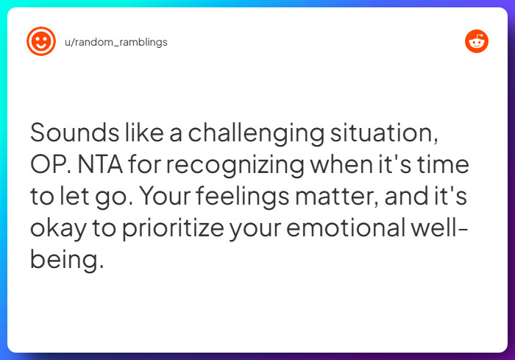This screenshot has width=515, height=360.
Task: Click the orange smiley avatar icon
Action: click(x=41, y=42)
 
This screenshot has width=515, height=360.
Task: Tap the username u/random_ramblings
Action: click(x=116, y=42)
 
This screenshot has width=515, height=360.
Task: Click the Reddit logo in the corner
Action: click(x=477, y=41)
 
